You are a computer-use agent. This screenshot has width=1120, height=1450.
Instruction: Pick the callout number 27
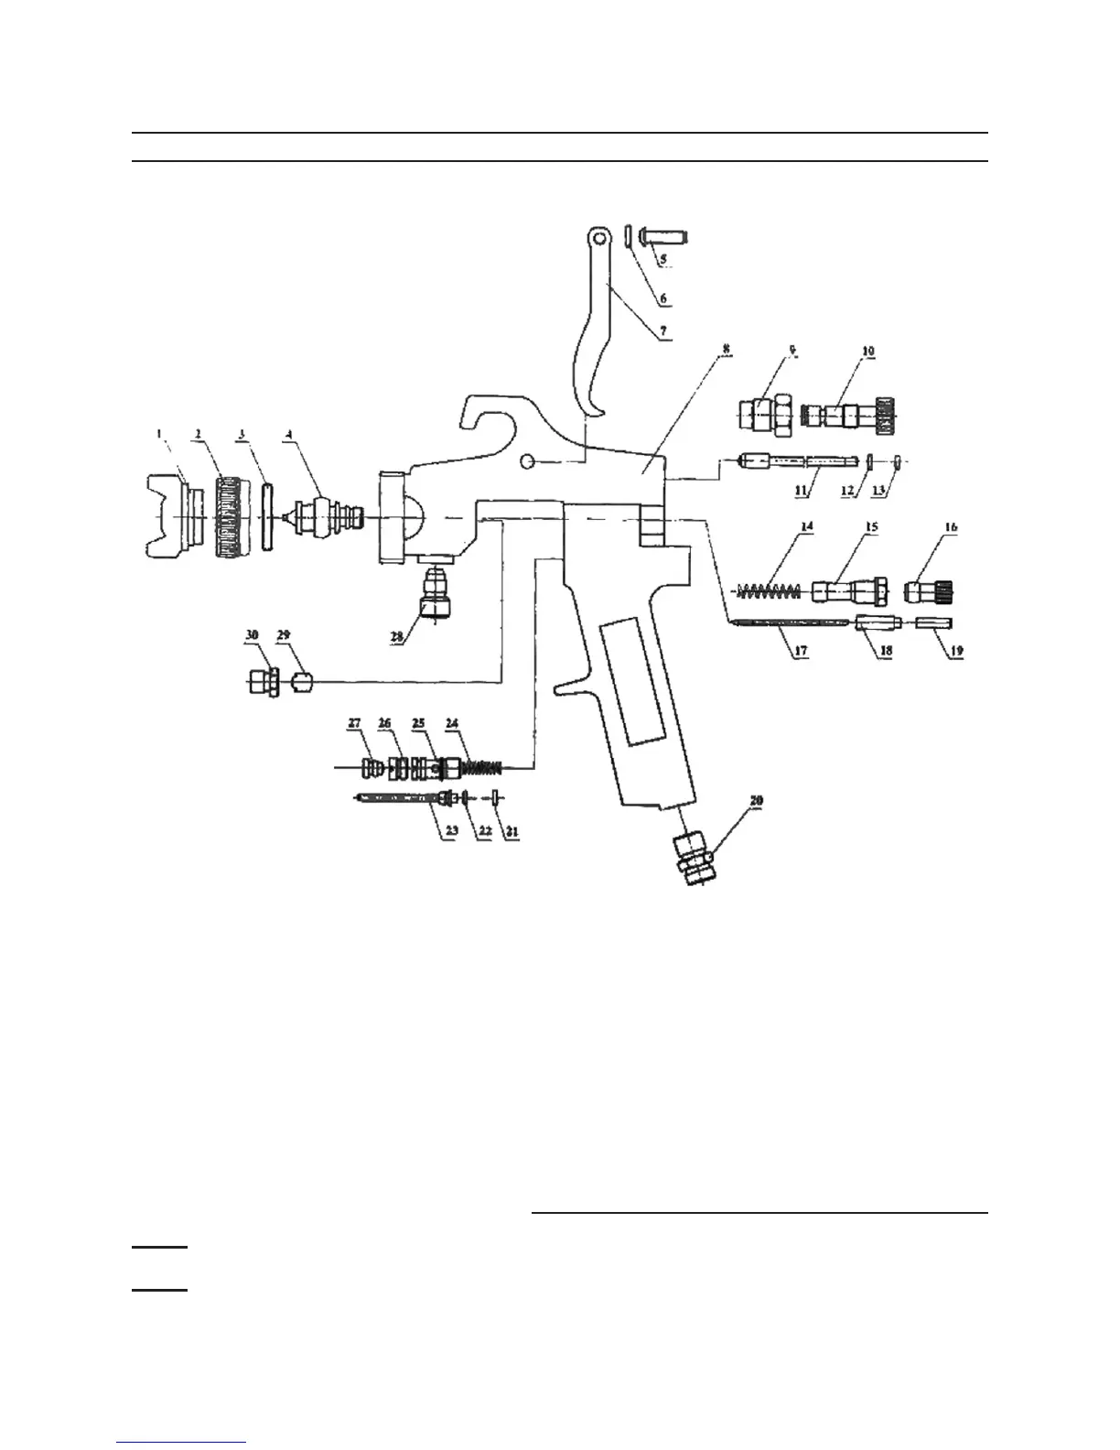click(354, 723)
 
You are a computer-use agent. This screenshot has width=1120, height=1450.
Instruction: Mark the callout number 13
click(880, 491)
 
